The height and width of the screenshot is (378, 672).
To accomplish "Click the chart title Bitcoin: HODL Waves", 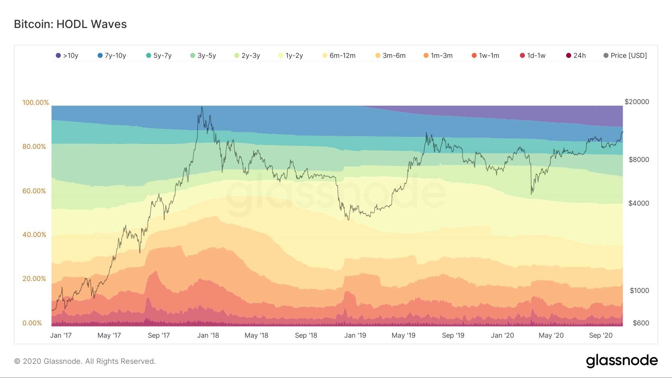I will (x=70, y=24).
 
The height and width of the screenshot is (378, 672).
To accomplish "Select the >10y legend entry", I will (x=67, y=56).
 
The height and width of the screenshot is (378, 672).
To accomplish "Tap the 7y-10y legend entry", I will (x=112, y=56).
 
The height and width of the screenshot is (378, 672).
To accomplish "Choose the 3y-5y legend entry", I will (x=203, y=56).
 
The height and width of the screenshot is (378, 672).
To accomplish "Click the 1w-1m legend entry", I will (x=486, y=56).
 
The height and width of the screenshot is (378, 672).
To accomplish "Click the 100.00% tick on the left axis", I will (x=35, y=103).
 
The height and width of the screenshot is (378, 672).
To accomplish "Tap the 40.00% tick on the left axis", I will (x=34, y=235).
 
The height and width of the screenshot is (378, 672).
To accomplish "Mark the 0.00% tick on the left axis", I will (x=32, y=323).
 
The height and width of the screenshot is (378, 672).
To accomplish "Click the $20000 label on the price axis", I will (x=637, y=102).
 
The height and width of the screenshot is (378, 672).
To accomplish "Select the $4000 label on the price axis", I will (x=638, y=203).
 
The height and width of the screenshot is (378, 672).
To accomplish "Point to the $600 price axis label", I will (x=641, y=323).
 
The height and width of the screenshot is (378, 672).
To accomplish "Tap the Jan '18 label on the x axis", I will (x=208, y=335).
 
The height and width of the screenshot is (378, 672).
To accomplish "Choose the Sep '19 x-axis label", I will (x=453, y=335).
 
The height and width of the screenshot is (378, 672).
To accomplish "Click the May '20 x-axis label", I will (x=551, y=335).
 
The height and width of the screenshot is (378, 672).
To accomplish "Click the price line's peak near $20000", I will (x=202, y=107).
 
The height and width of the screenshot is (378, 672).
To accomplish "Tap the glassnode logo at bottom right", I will (x=622, y=360).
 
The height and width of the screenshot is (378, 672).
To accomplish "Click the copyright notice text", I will (x=85, y=361).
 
